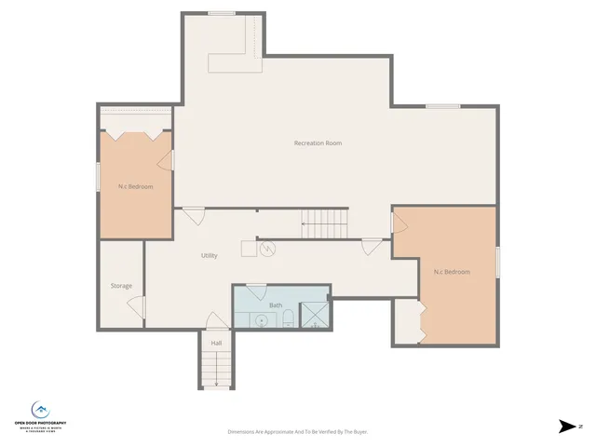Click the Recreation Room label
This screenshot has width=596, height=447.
tap(318, 142)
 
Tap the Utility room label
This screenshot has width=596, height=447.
tap(210, 255)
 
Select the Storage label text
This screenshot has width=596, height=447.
tap(121, 286)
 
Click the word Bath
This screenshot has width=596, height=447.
tap(276, 305)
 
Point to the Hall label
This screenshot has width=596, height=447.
tap(216, 343)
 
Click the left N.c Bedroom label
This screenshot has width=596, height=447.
tap(135, 187)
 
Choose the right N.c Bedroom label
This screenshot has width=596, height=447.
tap(452, 272)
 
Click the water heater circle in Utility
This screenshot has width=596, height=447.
tap(266, 248)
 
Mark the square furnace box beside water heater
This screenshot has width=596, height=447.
tap(249, 248)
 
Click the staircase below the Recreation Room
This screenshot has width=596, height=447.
tap(323, 223)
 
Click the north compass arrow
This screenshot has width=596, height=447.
tap(566, 427)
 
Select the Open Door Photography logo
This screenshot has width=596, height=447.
tap(40, 415)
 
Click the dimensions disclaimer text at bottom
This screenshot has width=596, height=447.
tap(299, 432)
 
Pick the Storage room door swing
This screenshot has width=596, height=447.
tap(138, 306)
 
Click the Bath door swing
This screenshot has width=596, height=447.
tap(256, 291)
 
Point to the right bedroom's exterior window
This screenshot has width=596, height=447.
tap(497, 262)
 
